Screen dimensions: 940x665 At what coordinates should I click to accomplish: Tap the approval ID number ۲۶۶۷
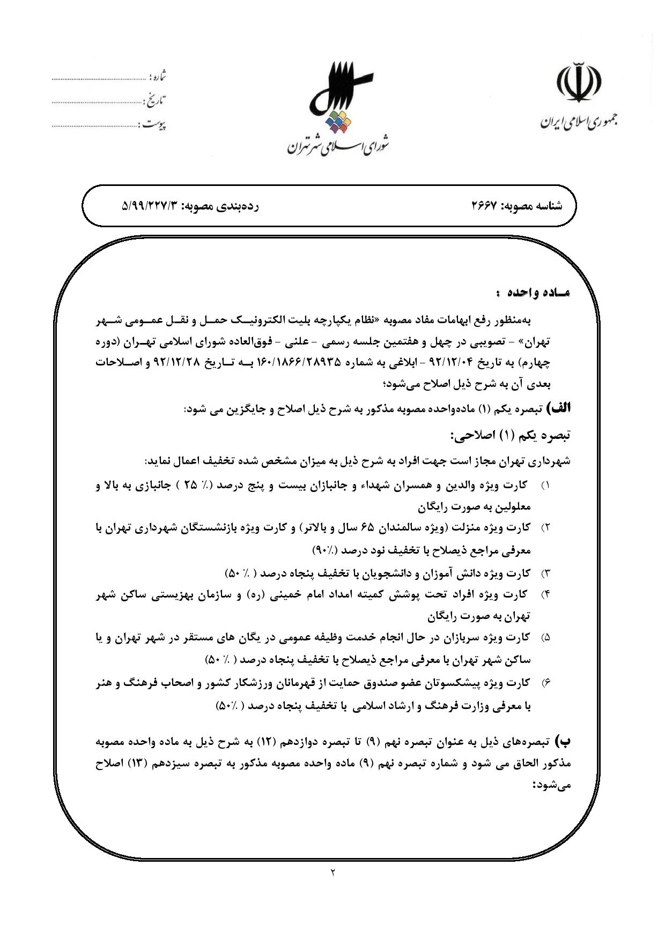[485, 206]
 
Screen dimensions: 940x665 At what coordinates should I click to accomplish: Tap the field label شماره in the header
[159, 77]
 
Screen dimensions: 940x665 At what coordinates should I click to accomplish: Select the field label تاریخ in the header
[156, 100]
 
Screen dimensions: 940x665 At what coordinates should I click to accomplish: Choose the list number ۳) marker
[545, 574]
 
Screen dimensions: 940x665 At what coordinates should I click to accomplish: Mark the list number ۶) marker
[545, 683]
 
